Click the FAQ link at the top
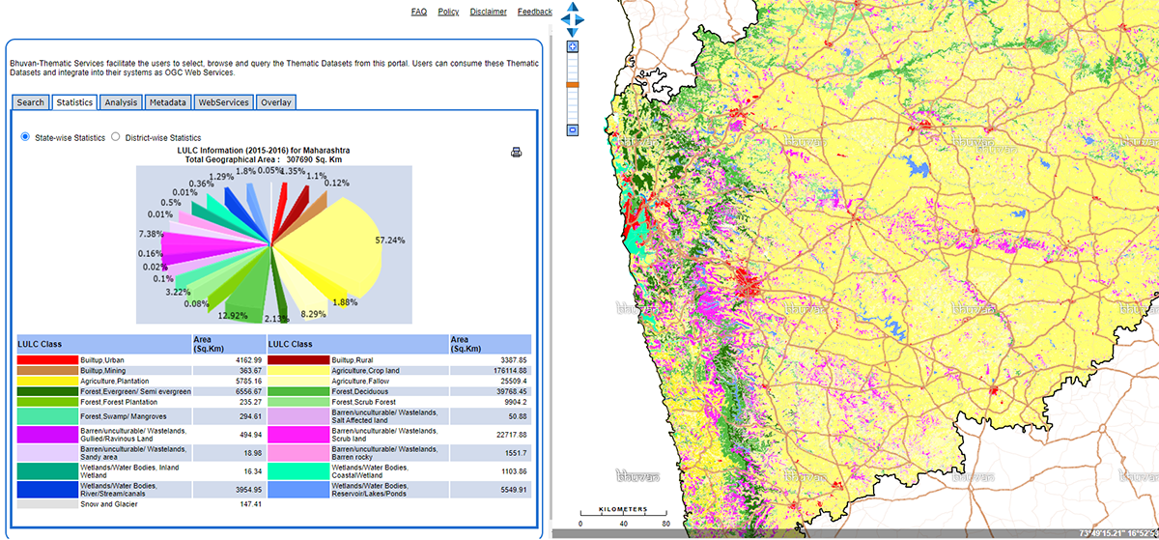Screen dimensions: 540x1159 (x=418, y=12)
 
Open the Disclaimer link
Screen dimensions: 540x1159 (x=488, y=12)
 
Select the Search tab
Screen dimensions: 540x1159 (x=30, y=102)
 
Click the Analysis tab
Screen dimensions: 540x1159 (x=121, y=102)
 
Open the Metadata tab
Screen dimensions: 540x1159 (x=167, y=102)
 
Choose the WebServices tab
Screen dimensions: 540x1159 (x=223, y=102)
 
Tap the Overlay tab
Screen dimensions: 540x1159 (x=275, y=102)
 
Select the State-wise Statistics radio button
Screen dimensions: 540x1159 (x=25, y=137)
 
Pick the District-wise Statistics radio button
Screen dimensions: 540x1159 (x=116, y=137)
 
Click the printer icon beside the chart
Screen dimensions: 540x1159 (x=516, y=153)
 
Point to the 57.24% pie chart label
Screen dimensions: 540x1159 (x=390, y=240)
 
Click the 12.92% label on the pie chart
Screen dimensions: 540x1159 (x=234, y=315)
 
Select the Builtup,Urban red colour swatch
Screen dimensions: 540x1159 (x=47, y=359)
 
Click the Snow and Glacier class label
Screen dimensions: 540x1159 (x=107, y=503)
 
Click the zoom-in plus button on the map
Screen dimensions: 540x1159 (x=573, y=46)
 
